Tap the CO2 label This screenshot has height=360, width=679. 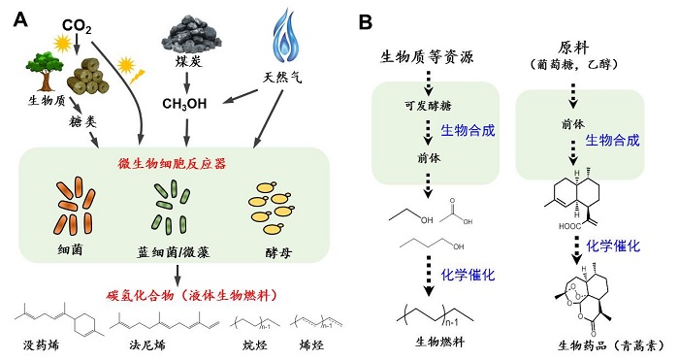[x=77, y=24]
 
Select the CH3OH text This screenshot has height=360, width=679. [x=184, y=103]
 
